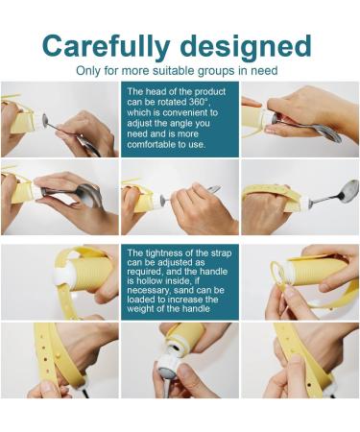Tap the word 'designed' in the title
coord(252,46)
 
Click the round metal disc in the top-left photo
coord(45,120)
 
